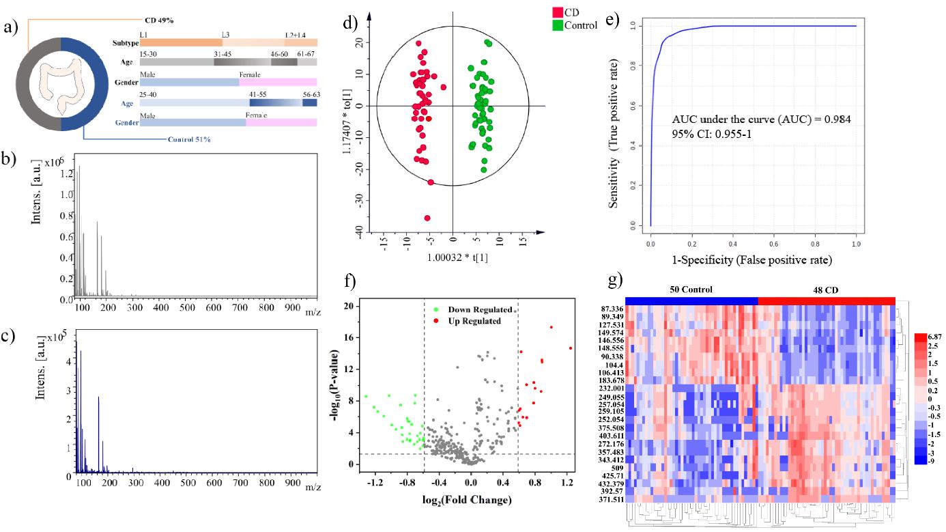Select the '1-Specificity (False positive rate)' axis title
[x=753, y=260]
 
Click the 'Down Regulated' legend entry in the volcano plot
[x=480, y=310]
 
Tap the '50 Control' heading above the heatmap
[x=690, y=290]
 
